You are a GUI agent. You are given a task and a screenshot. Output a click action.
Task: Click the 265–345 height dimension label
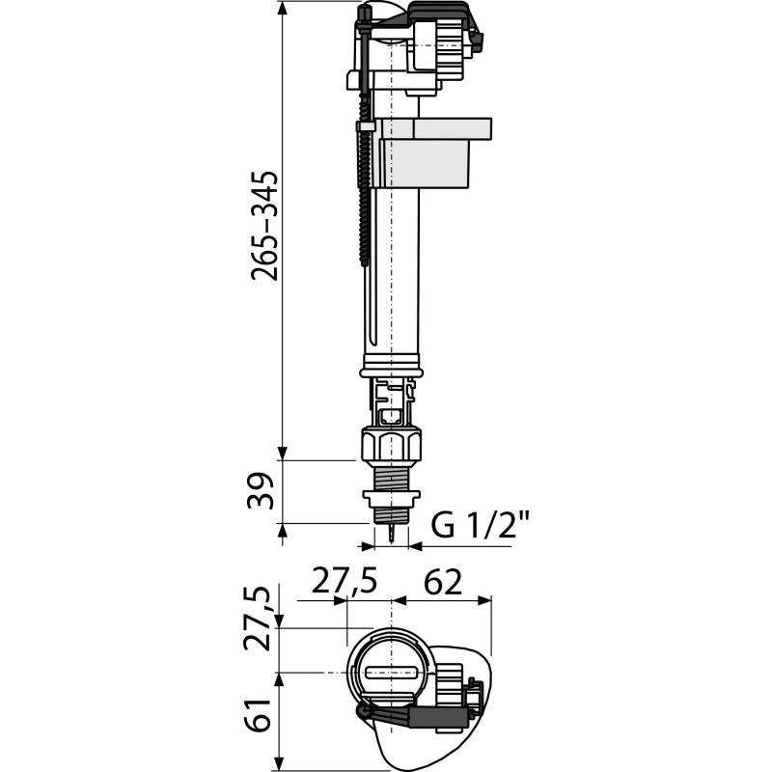pos(264,226)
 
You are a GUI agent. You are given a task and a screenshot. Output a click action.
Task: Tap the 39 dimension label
pos(261,491)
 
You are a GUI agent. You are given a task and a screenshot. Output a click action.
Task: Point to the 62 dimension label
pos(443,582)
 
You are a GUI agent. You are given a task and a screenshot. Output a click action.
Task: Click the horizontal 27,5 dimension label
pos(345,581)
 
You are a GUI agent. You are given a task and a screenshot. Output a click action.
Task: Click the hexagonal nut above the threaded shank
pos(392,445)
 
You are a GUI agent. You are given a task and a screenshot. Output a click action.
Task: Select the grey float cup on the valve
pos(433,152)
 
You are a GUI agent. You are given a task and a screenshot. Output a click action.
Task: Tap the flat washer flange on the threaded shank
pos(392,497)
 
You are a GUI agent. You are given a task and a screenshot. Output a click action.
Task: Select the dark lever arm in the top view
pos(414,712)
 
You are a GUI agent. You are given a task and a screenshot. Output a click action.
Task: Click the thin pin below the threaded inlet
pos(392,535)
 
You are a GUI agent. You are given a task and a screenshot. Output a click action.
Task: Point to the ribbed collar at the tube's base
pos(392,366)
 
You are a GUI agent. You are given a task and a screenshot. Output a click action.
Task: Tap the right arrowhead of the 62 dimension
pos(484,600)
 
